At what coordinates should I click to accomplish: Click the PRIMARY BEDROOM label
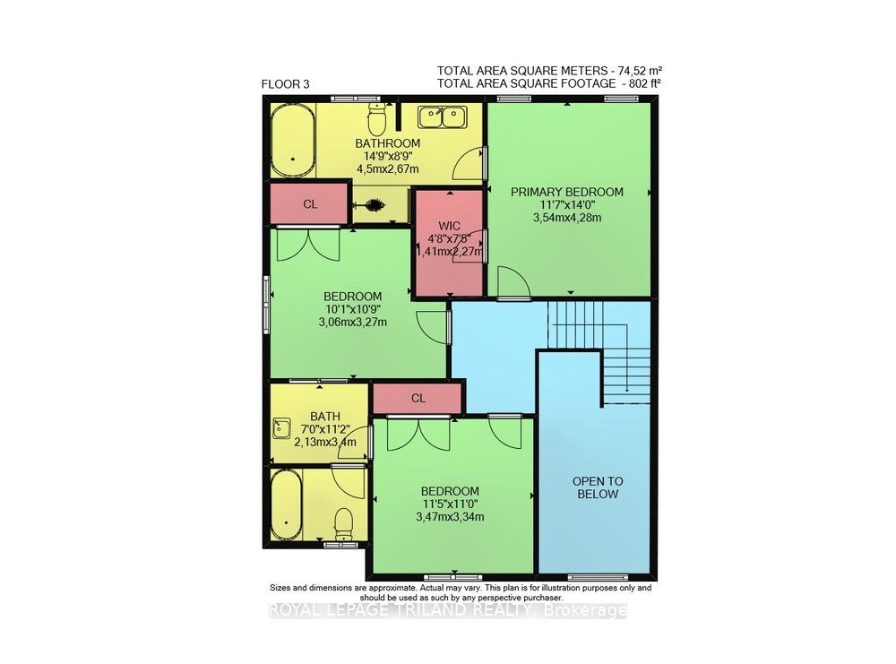(567, 192)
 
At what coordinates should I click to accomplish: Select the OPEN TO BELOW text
(598, 487)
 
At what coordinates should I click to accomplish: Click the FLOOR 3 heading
(285, 85)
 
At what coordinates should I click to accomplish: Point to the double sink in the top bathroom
(443, 116)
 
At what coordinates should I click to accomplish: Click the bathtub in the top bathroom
(293, 142)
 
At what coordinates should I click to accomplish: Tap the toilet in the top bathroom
(377, 117)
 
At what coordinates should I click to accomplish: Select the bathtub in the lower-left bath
(287, 505)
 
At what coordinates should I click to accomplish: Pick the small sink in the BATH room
(281, 427)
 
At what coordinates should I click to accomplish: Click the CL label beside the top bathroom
(310, 204)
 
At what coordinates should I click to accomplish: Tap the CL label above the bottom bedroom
(418, 398)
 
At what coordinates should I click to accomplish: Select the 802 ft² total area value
(642, 83)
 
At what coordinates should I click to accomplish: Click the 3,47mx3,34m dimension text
(451, 518)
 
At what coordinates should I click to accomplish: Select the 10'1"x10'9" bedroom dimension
(352, 310)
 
